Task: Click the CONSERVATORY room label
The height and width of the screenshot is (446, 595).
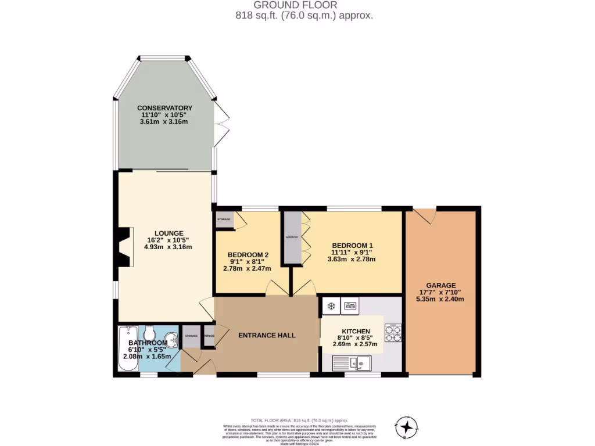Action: (164, 108)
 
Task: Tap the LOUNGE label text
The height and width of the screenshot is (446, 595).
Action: (168, 233)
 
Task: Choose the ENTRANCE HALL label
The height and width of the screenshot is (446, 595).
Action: (267, 335)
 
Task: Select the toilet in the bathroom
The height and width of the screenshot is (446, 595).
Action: (149, 334)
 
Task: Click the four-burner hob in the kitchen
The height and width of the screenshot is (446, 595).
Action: (393, 332)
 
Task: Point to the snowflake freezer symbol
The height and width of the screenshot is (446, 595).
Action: (331, 305)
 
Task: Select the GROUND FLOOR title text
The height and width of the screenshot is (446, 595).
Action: (297, 5)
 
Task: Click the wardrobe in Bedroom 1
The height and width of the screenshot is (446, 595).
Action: (291, 238)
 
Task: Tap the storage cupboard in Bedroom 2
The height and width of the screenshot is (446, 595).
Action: (224, 220)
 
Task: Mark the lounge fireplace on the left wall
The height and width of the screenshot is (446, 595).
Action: (123, 246)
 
